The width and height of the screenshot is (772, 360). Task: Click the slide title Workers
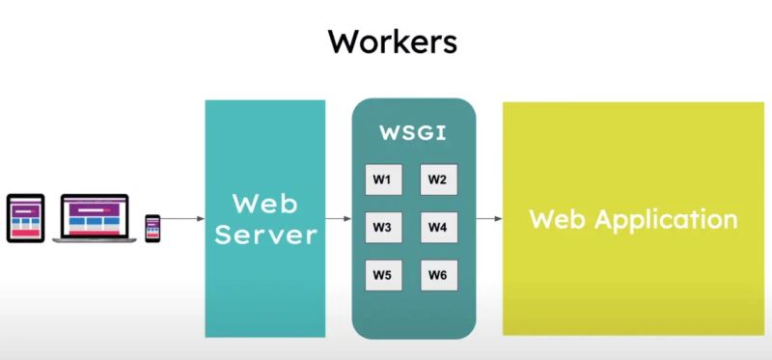[392, 42]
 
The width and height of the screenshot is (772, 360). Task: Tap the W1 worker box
[382, 180]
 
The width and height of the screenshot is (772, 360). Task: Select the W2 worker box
[438, 180]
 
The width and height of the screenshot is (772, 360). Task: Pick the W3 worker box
[382, 228]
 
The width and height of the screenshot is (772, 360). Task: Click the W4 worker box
[438, 228]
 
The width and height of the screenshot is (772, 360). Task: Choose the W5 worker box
[382, 276]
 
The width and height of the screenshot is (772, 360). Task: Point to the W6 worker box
[438, 276]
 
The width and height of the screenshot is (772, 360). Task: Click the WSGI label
[414, 133]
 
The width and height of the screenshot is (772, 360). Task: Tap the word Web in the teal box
[264, 204]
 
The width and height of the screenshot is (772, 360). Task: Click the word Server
[264, 235]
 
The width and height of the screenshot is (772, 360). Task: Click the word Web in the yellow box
[558, 218]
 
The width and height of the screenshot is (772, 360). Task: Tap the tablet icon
[26, 218]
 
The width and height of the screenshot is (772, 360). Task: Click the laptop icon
[95, 218]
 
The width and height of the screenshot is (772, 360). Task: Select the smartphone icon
[152, 228]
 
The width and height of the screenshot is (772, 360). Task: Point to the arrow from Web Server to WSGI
[339, 219]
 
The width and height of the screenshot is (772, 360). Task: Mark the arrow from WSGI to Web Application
[490, 219]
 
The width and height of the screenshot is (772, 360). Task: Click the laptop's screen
[95, 214]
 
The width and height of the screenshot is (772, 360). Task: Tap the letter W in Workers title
[344, 42]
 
